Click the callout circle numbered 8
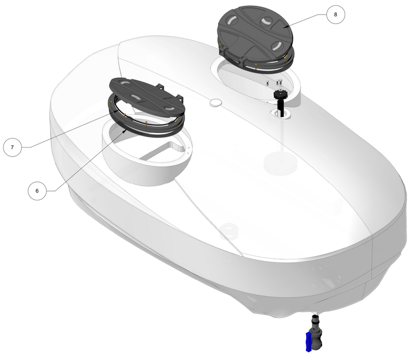(335, 15)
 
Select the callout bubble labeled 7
(13, 147)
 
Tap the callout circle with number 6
(37, 191)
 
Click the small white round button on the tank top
(215, 103)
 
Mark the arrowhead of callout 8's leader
(284, 27)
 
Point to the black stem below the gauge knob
(280, 107)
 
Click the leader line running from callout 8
(309, 19)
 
